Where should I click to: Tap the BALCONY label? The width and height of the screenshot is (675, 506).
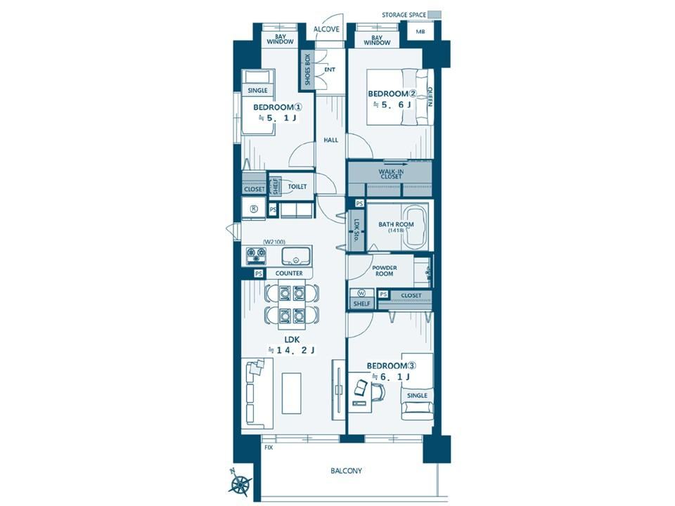pos(346,471)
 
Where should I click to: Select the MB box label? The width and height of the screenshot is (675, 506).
pos(420,32)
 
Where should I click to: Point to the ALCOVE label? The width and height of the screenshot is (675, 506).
pos(326,30)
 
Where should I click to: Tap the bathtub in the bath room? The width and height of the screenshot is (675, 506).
pos(414,227)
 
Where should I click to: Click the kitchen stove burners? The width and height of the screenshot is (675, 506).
pos(257,256)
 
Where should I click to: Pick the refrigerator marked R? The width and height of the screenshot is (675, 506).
pos(254,209)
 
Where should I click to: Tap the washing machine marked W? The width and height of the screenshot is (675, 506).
pos(361,293)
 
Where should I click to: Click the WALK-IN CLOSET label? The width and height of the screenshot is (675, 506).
pos(392,174)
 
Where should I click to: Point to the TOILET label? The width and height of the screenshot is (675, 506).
pos(297,186)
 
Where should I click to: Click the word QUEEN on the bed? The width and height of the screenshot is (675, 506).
pos(429,97)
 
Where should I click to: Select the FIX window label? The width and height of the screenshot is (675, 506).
pos(269,448)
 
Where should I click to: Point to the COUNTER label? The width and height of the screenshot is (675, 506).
pos(289,273)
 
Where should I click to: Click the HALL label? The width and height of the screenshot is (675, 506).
pos(331,140)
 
